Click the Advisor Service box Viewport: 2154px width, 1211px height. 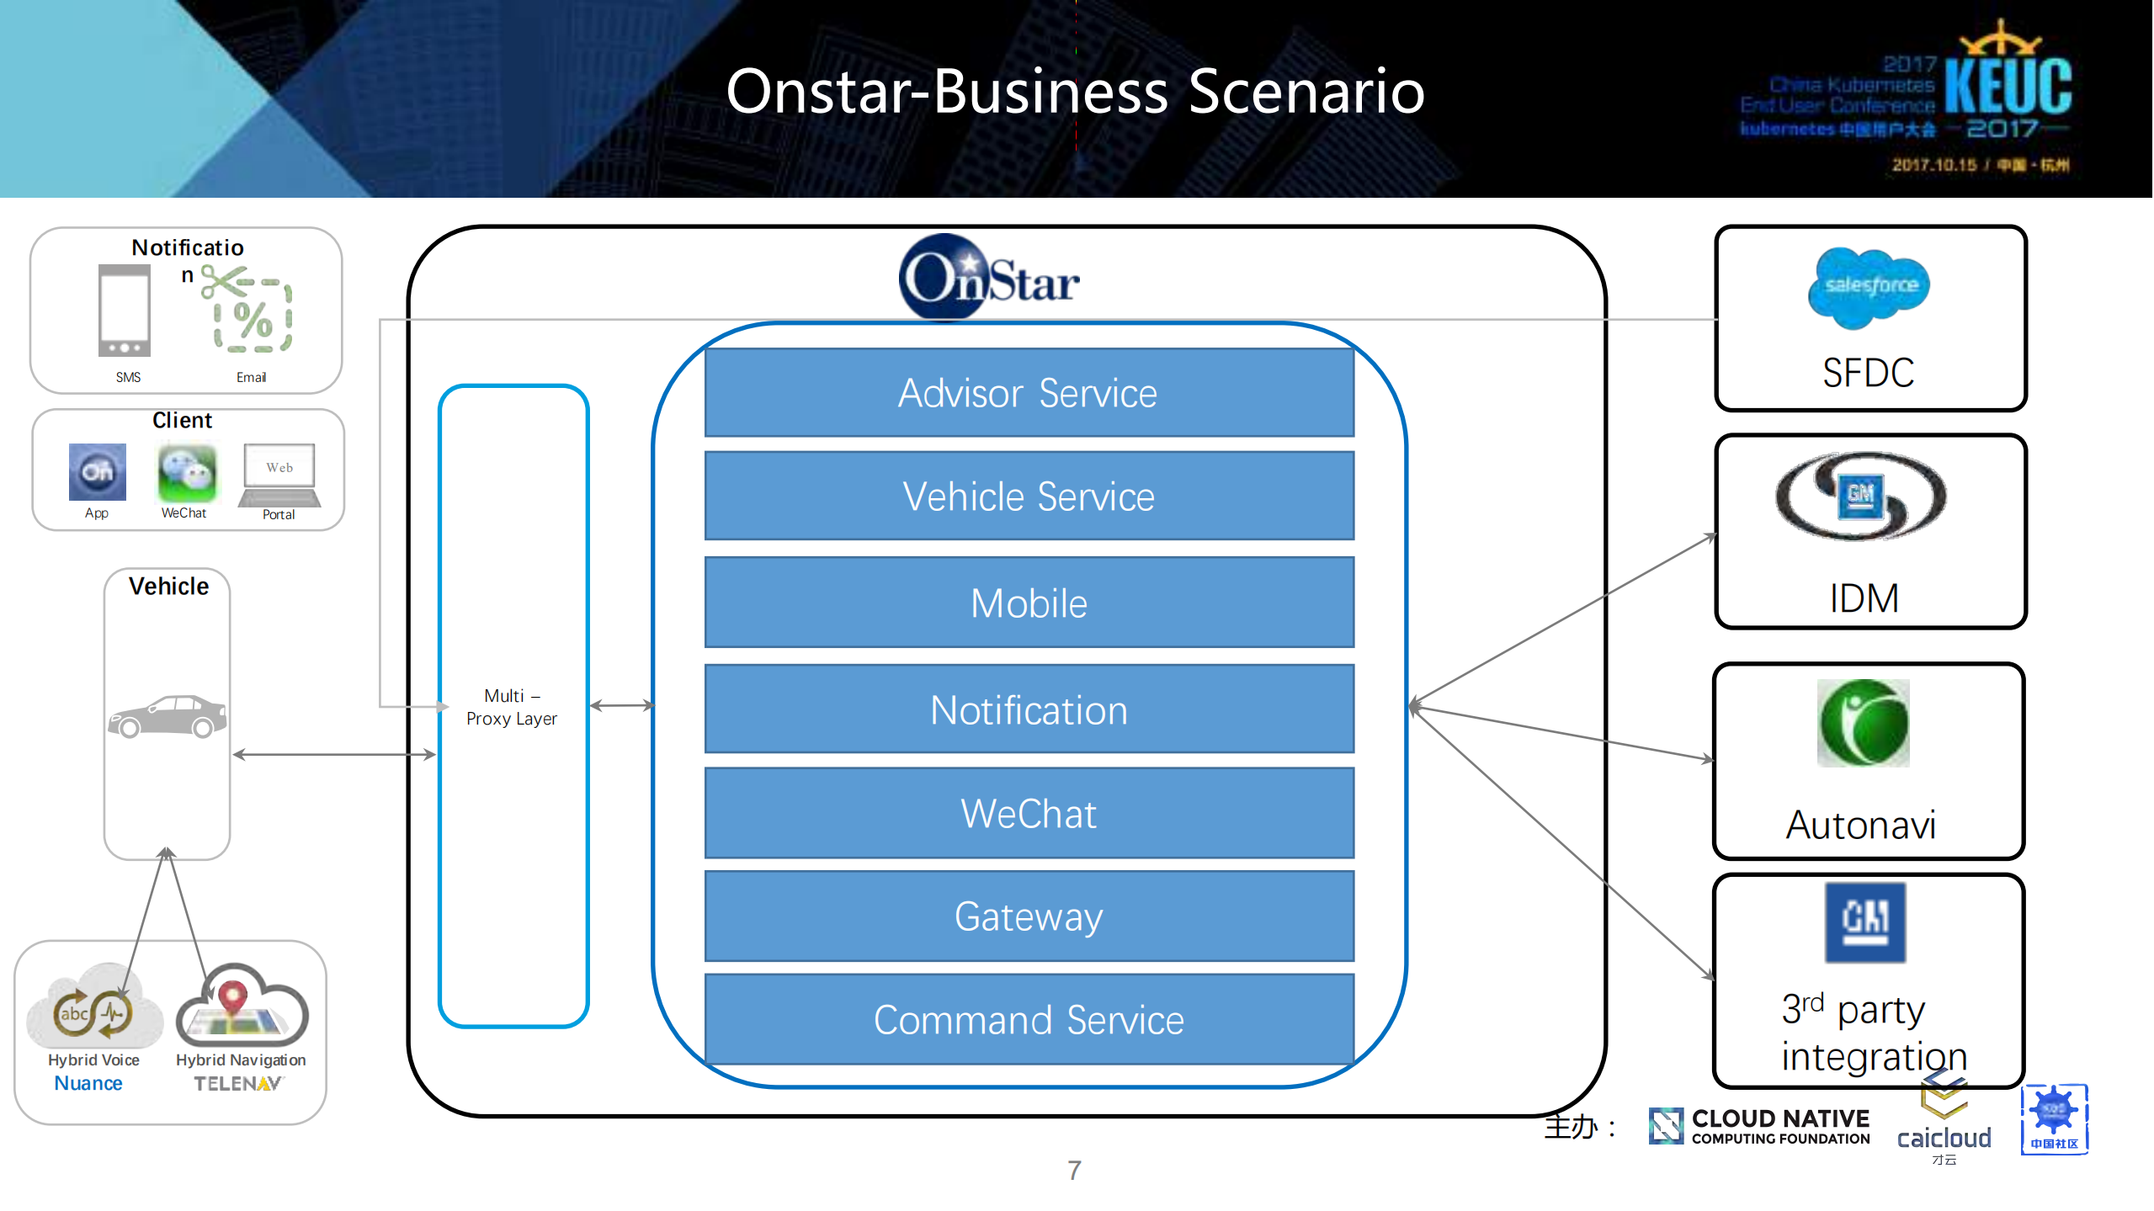coord(1029,393)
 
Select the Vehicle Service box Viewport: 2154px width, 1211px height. coord(1029,497)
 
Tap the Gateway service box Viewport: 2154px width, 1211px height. coord(1029,916)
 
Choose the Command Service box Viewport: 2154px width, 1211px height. coord(1029,1020)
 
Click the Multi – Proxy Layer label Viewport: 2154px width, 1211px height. coord(512,707)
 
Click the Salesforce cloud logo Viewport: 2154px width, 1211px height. coord(1869,287)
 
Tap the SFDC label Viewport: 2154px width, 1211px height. coord(1868,373)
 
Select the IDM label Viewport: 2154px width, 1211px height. coord(1864,599)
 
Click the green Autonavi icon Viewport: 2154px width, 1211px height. coord(1863,723)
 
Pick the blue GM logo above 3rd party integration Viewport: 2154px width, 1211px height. coord(1864,922)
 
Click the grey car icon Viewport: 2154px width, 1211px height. coord(168,716)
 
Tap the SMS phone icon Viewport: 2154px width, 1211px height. coord(125,311)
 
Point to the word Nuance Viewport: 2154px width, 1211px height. coord(88,1084)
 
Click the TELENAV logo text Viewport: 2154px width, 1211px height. coord(238,1084)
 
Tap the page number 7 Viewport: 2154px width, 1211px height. coord(1074,1171)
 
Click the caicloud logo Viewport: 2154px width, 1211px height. coord(1944,1128)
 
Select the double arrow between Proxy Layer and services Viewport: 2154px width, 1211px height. coord(621,705)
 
